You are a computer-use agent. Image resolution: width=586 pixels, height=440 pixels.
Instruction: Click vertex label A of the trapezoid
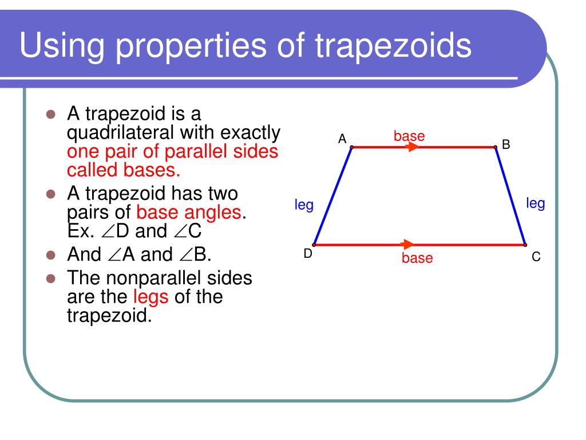[342, 138]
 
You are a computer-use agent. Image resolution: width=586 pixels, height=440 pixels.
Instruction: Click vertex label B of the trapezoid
[506, 144]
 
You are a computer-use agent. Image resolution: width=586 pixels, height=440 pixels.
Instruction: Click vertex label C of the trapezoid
[536, 257]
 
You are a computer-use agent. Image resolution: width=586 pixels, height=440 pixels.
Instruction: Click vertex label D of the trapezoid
[308, 253]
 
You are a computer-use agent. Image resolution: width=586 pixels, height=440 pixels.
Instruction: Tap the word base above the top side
[409, 136]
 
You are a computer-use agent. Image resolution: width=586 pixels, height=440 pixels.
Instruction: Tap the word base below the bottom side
[417, 258]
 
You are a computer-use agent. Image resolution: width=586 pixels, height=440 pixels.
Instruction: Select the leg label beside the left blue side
[304, 205]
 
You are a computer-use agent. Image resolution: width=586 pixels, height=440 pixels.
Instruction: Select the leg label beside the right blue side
[536, 203]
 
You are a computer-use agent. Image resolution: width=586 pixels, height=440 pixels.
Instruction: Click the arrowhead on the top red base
[413, 147]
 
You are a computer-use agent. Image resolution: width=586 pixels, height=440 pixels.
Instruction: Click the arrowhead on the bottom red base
[407, 245]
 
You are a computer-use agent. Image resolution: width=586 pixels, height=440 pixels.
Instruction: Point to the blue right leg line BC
[510, 195]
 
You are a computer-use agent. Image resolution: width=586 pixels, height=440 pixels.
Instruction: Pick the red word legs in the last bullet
[151, 297]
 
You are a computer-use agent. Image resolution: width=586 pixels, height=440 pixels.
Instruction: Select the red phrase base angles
[188, 213]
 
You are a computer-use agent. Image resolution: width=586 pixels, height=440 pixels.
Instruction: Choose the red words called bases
[124, 170]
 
